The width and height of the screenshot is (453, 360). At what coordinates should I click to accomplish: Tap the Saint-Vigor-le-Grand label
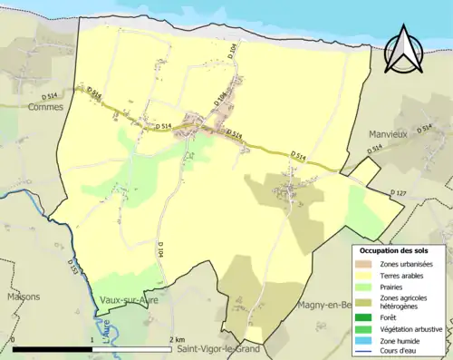217,349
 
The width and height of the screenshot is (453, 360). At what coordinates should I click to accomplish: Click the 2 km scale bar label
176,340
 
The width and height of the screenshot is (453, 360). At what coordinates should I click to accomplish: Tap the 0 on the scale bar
13,340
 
